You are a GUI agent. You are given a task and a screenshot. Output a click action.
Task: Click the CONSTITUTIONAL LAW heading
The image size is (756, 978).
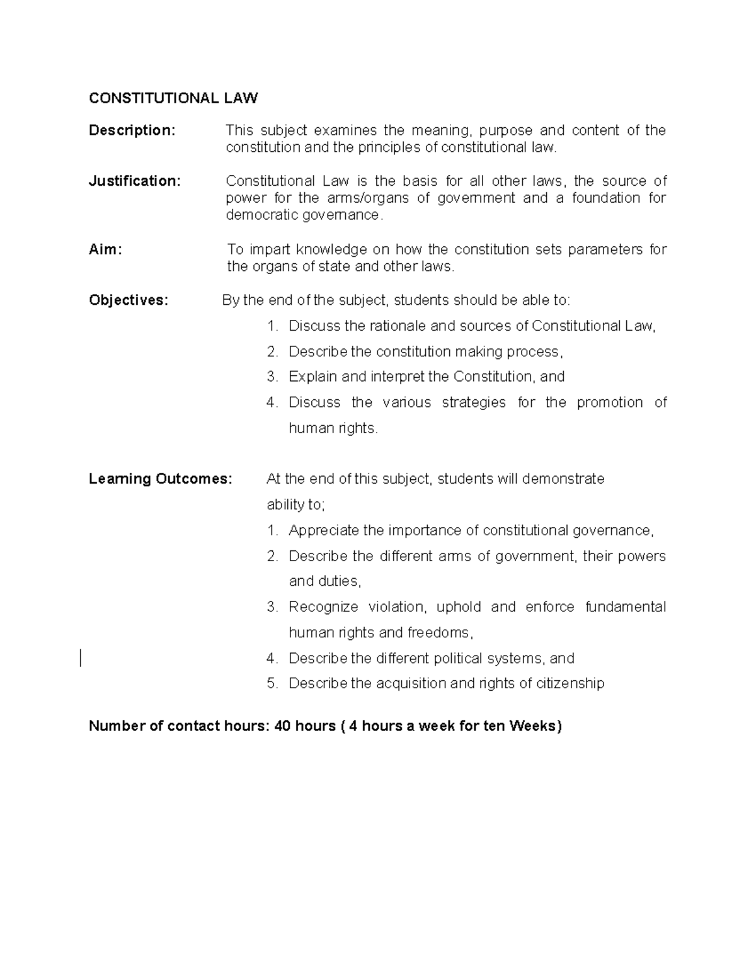point(173,98)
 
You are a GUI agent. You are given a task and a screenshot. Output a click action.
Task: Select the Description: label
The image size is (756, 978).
point(132,130)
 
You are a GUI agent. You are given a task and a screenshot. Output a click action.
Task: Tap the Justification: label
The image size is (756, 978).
point(135,181)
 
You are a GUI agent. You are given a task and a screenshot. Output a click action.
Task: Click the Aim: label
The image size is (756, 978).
point(105,249)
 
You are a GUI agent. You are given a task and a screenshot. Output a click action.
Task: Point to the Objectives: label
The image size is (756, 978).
point(129,300)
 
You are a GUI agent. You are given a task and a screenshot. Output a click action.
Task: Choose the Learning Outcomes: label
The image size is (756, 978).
point(161,479)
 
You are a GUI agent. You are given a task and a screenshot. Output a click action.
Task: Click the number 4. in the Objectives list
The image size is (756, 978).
point(272,403)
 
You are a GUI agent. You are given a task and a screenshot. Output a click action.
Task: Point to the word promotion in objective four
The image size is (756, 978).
point(609,403)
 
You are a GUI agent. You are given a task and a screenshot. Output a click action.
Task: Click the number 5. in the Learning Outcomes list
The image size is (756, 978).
point(272,684)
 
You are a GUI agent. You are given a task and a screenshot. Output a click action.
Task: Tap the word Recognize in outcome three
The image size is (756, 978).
point(323,607)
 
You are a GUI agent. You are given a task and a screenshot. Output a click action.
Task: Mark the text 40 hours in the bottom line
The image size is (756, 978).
point(306,726)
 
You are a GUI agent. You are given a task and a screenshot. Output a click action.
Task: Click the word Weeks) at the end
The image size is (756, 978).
point(535,726)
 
